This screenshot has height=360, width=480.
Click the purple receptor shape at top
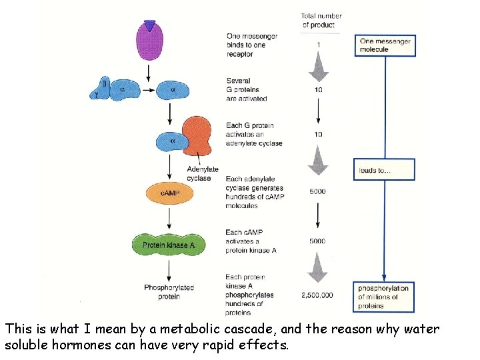(151, 41)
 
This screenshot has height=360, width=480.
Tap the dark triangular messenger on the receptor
(151, 26)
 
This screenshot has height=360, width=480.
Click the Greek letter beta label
(104, 83)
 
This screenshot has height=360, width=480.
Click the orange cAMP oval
(169, 193)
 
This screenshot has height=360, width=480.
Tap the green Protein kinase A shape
(169, 245)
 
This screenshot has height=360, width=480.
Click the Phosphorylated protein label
(169, 292)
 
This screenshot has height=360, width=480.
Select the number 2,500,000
(317, 294)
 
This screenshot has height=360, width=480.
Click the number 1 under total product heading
(318, 45)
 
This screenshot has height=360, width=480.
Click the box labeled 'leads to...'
(383, 169)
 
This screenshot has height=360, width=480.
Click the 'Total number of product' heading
(321, 20)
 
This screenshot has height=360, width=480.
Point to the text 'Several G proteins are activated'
(247, 89)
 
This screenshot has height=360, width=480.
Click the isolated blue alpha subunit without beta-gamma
(173, 90)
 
